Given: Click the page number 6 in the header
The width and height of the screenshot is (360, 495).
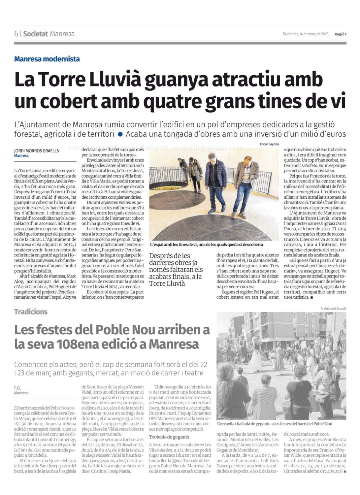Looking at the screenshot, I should coord(16,34).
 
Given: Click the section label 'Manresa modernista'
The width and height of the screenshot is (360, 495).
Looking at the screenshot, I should coord(47,59).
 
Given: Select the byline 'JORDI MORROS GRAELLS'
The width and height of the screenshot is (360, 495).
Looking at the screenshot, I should coord(36,150).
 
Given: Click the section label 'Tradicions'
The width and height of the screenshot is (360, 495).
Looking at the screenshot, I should coord(31,312).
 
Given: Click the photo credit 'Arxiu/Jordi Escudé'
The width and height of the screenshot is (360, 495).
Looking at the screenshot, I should coord(333,308).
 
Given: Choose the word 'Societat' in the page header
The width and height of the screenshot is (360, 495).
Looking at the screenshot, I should coord(36,34).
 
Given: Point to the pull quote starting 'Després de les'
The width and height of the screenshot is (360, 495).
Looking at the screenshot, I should coord(176,269).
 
